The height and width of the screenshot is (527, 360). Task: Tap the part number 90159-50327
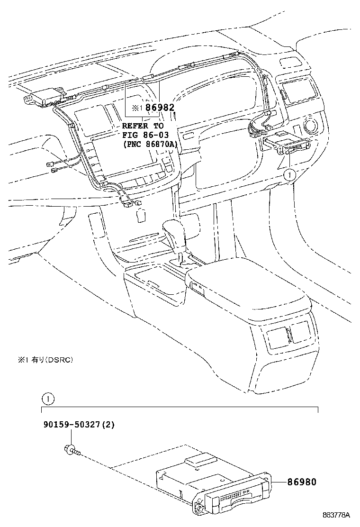point(72,425)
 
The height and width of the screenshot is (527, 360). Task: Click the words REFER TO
point(143,126)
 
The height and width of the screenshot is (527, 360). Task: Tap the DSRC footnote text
point(45,360)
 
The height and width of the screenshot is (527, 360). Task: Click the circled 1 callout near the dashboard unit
point(289,175)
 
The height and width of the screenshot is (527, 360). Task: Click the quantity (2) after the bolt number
point(108,425)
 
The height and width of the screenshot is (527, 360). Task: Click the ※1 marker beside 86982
point(137,108)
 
